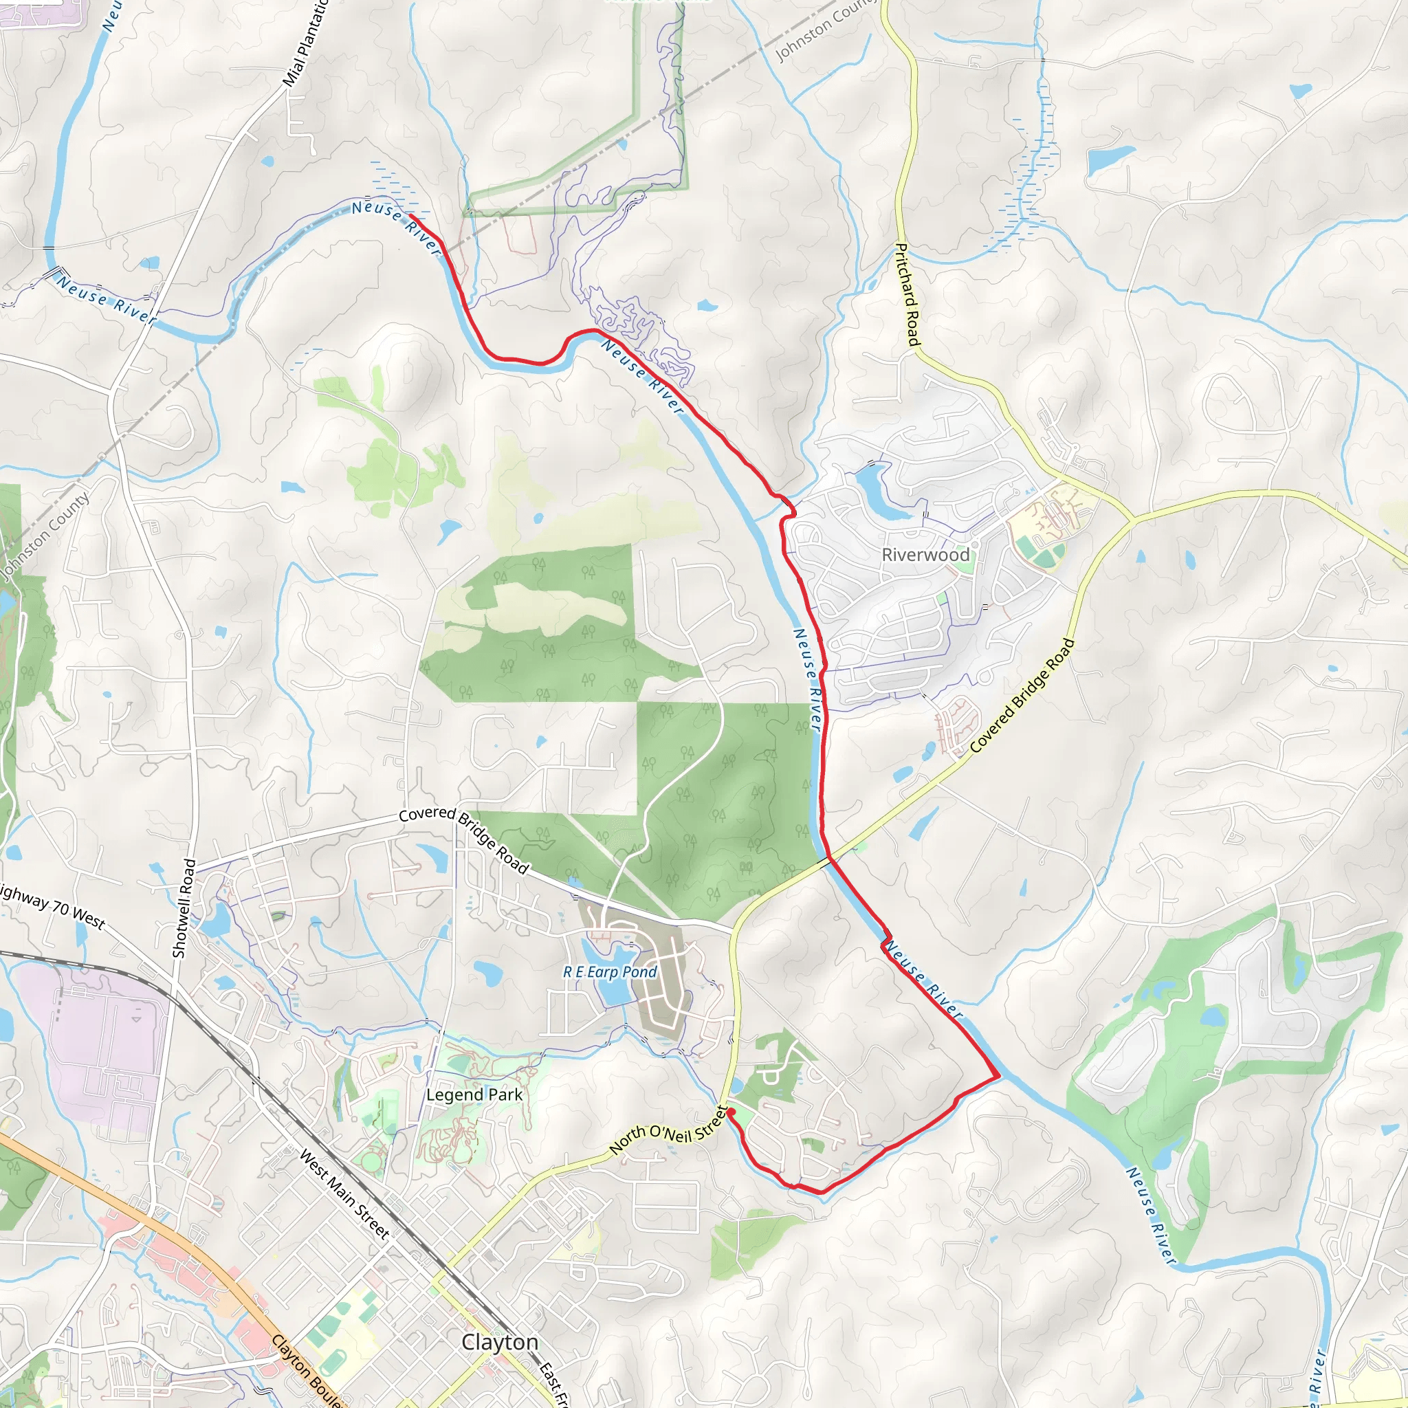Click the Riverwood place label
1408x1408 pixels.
(925, 555)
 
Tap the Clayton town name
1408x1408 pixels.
(500, 1342)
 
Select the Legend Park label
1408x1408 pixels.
(474, 1094)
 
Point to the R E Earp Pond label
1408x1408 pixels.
(610, 972)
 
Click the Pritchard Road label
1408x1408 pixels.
(908, 294)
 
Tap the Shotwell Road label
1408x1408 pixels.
(184, 908)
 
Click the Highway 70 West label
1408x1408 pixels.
(52, 907)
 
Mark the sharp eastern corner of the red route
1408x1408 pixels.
(997, 1076)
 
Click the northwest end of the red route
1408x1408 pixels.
(411, 217)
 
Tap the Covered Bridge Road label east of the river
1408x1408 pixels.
(1022, 695)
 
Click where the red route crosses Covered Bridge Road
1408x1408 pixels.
(829, 861)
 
